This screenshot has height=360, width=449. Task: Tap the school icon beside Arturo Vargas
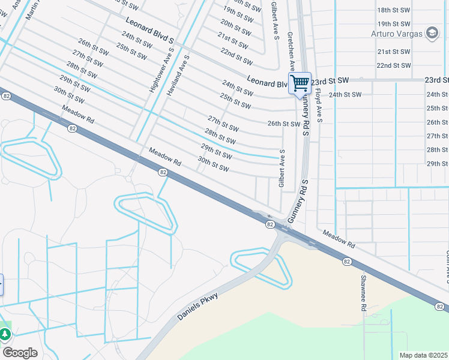pyautogui.click(x=431, y=32)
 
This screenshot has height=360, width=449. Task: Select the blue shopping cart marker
pyautogui.click(x=300, y=83)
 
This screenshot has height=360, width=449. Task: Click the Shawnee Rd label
pyautogui.click(x=363, y=293)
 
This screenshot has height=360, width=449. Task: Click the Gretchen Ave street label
pyautogui.click(x=291, y=52)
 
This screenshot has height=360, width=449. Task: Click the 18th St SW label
pyautogui.click(x=394, y=11)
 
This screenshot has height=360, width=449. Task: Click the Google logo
pyautogui.click(x=20, y=353)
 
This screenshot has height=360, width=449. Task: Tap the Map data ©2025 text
pyautogui.click(x=423, y=355)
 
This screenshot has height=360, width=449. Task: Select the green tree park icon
pyautogui.click(x=5, y=333)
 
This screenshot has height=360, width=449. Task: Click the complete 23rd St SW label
pyautogui.click(x=330, y=80)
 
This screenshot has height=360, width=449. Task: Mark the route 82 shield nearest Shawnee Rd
pyautogui.click(x=347, y=262)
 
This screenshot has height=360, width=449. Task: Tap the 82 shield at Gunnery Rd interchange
pyautogui.click(x=270, y=224)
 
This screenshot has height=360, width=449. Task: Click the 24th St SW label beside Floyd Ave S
pyautogui.click(x=345, y=95)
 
